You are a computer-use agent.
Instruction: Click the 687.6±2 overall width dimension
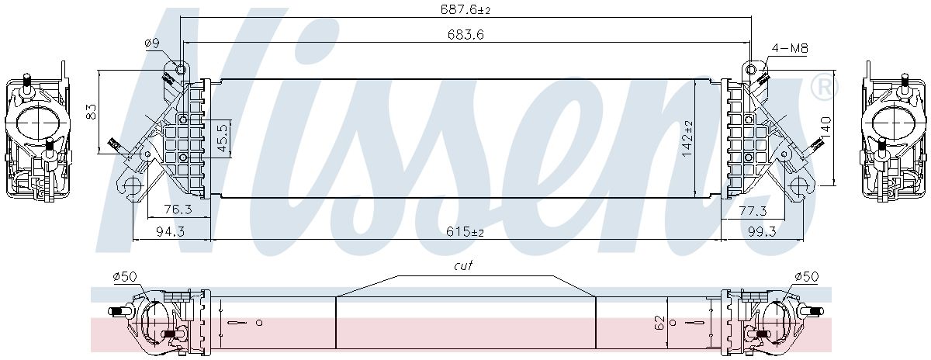465,9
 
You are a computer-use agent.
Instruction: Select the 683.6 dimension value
465,34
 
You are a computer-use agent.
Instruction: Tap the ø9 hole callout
152,43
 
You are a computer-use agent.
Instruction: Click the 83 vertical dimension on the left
91,112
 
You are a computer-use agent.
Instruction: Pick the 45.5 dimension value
223,138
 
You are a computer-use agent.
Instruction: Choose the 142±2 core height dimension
688,138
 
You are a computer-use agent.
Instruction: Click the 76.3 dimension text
178,209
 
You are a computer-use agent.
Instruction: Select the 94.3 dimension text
170,231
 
